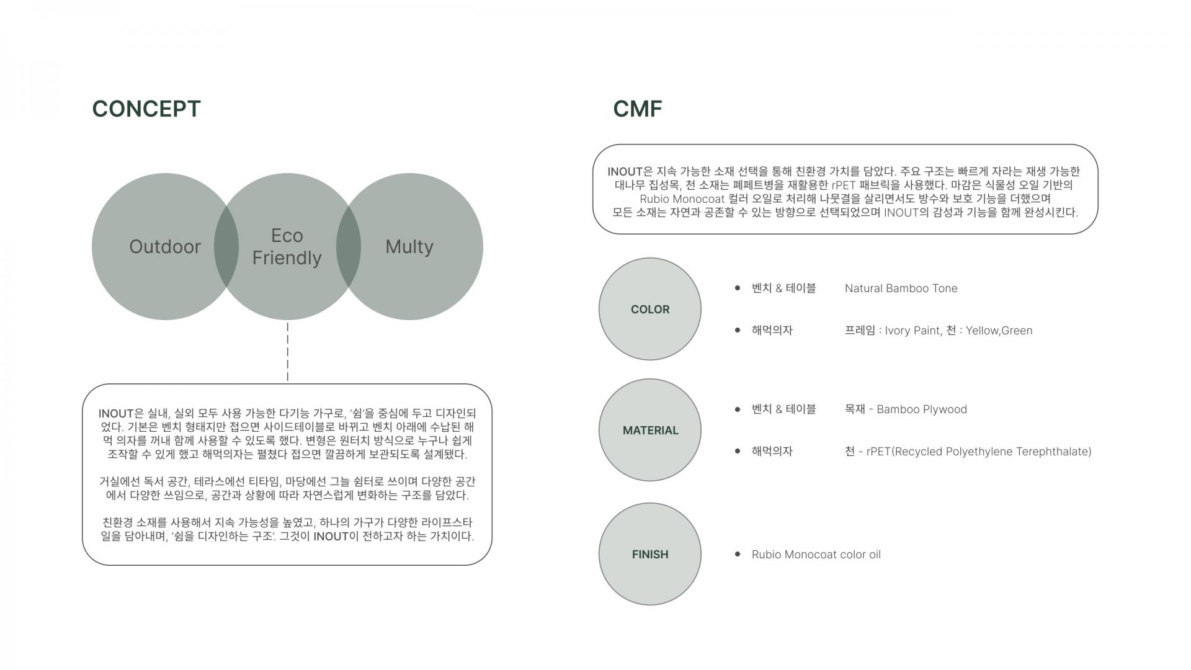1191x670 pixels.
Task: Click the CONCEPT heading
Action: click(146, 109)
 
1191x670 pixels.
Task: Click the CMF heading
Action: click(637, 109)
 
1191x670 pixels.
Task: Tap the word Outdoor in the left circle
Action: click(165, 247)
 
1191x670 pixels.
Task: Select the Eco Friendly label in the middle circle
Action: click(287, 247)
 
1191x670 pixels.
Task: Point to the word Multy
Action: click(409, 247)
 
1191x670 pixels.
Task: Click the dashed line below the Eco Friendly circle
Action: click(287, 351)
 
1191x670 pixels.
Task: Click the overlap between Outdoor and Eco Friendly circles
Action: click(226, 246)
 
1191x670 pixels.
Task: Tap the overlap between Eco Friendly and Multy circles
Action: click(348, 246)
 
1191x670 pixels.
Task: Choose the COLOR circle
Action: click(649, 309)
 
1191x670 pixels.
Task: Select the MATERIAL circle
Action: click(649, 430)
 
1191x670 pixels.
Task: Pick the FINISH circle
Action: click(649, 554)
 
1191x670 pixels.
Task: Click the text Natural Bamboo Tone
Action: click(901, 288)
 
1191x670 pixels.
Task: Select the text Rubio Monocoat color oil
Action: click(816, 555)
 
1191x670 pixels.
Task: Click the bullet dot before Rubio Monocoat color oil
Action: click(737, 554)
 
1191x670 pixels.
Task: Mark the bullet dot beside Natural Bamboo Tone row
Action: click(737, 288)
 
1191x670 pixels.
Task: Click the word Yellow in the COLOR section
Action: click(981, 331)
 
